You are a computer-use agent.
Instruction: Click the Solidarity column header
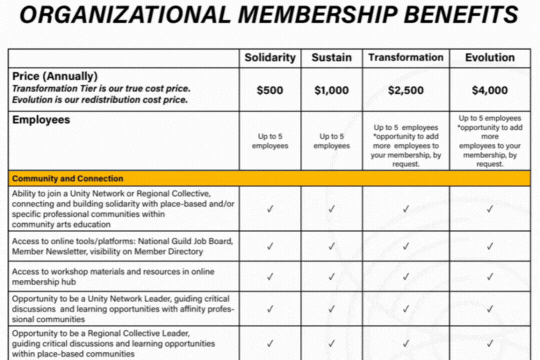(x=271, y=58)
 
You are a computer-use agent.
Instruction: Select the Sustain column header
(x=331, y=58)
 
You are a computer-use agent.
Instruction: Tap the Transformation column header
(x=406, y=58)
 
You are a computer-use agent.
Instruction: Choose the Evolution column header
(x=490, y=58)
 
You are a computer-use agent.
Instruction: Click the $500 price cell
(x=271, y=90)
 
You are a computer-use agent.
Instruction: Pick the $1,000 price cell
(x=331, y=90)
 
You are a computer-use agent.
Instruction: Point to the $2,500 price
(x=406, y=90)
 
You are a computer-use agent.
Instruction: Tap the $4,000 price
(x=490, y=90)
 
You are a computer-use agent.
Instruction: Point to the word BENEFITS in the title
(x=456, y=16)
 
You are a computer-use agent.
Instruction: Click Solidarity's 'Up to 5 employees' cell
(x=271, y=141)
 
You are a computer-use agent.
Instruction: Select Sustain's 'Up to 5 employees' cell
(x=331, y=141)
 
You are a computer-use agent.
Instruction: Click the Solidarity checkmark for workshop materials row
(x=271, y=275)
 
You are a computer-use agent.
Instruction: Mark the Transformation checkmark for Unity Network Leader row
(x=406, y=307)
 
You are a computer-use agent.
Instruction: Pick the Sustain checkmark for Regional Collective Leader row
(x=331, y=341)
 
